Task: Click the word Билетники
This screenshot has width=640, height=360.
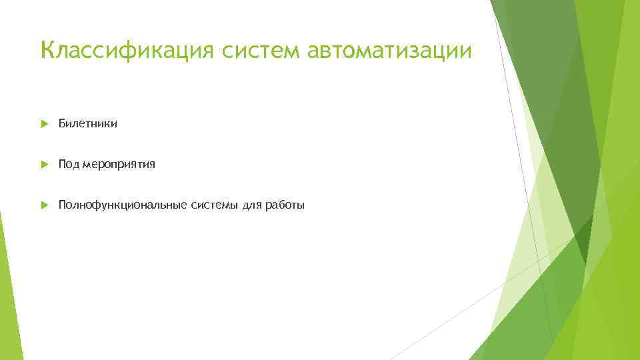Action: pyautogui.click(x=87, y=123)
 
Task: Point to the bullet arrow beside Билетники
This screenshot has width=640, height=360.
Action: pyautogui.click(x=44, y=123)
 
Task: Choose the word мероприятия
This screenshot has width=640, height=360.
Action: pyautogui.click(x=119, y=165)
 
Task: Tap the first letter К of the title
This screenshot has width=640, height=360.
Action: pyautogui.click(x=47, y=49)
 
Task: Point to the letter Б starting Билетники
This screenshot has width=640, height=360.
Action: pyautogui.click(x=62, y=123)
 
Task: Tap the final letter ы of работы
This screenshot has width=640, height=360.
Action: pyautogui.click(x=301, y=206)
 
